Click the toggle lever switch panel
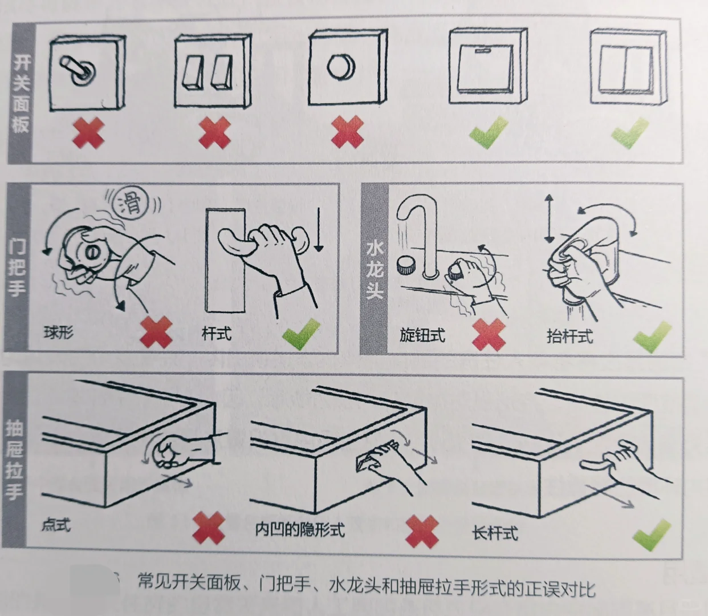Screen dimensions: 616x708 tap(87, 72)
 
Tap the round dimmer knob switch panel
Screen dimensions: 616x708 tap(347, 68)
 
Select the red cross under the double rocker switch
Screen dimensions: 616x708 tap(214, 132)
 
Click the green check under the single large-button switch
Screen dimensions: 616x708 tap(488, 132)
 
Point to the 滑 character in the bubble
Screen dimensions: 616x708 tap(132, 202)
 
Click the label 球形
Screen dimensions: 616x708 tap(59, 332)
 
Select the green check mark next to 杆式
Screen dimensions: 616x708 tap(301, 334)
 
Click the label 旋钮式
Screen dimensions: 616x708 tap(422, 335)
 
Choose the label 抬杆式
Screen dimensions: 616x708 tap(569, 336)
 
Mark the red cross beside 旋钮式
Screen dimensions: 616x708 tap(489, 334)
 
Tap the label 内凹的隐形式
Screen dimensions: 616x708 tap(300, 529)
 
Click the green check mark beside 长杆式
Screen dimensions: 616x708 tap(651, 535)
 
